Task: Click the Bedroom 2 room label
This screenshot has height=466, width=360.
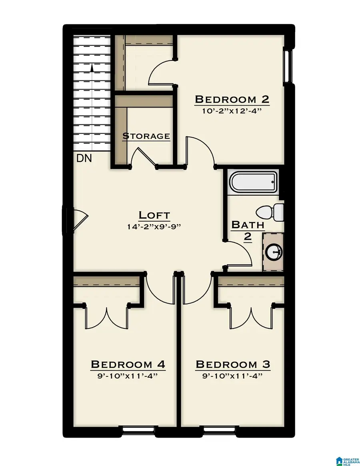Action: [x=232, y=99]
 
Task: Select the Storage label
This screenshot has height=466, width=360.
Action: [x=146, y=136]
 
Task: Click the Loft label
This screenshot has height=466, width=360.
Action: [x=154, y=215]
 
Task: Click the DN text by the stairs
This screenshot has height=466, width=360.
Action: [x=84, y=158]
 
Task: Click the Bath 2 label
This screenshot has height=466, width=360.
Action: [x=248, y=230]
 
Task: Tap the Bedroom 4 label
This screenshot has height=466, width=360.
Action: [x=128, y=364]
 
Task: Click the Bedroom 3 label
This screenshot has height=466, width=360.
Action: [x=233, y=364]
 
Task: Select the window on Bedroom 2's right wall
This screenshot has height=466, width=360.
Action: [x=287, y=66]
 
